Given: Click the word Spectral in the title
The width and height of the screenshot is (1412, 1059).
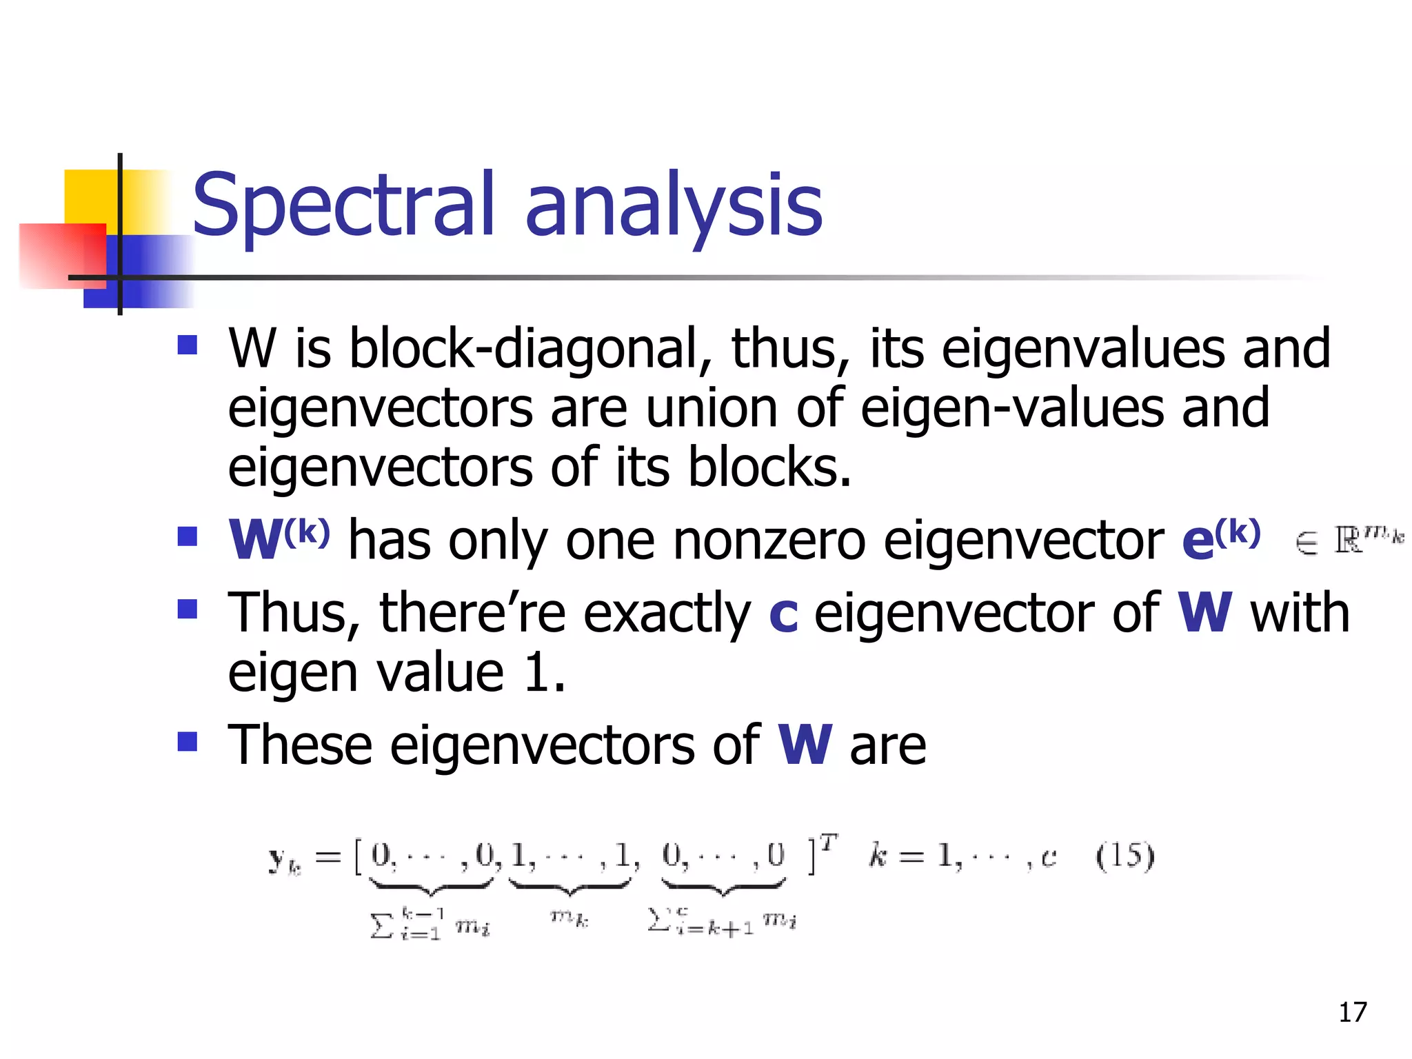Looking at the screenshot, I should (343, 205).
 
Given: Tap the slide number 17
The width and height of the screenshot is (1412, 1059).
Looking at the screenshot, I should (1352, 1012).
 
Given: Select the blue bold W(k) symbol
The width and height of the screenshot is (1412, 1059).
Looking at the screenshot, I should (279, 538).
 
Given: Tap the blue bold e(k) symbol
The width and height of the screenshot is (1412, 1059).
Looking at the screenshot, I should (1220, 538).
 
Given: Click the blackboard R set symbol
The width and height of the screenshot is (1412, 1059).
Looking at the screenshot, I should (1347, 540).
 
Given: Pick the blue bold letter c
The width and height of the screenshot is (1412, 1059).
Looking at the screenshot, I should (783, 614).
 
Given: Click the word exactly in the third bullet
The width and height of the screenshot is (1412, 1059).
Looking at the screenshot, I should (667, 614).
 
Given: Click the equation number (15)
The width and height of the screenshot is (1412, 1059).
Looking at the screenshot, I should (1124, 856).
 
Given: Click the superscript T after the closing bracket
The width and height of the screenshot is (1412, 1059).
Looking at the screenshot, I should (829, 843).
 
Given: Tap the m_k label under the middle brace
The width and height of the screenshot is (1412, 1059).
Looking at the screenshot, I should (569, 918).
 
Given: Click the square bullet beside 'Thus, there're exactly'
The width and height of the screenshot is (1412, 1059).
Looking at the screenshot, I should (187, 609).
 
